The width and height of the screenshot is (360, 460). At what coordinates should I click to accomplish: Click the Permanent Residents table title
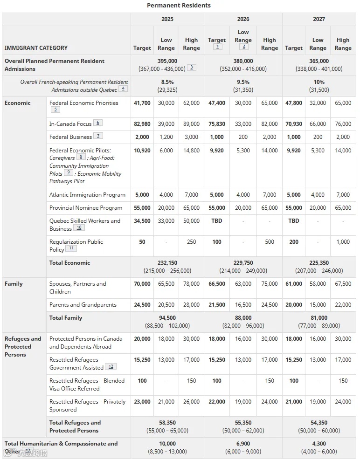click(179, 6)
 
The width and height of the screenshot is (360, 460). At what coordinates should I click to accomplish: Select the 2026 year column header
click(243, 19)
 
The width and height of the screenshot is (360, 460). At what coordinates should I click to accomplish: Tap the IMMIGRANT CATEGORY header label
click(36, 48)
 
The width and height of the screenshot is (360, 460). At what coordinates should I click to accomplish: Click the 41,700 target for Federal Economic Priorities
click(142, 103)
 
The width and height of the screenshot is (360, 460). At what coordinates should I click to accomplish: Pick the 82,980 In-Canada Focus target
click(142, 124)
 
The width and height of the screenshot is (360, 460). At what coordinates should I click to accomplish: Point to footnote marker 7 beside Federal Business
click(98, 136)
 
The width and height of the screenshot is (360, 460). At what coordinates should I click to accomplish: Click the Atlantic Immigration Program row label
click(87, 195)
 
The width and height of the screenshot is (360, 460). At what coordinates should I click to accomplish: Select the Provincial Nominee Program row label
click(86, 208)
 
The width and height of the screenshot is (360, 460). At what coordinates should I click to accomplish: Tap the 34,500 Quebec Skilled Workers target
click(142, 221)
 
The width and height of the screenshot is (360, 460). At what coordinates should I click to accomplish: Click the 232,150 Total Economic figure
click(167, 263)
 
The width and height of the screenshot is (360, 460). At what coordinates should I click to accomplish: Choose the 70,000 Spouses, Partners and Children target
click(142, 284)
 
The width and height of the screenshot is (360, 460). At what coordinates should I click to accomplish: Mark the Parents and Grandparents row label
click(83, 305)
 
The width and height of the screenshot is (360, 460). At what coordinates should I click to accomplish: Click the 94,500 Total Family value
click(167, 318)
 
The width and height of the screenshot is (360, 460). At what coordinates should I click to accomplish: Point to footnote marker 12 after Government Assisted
click(111, 367)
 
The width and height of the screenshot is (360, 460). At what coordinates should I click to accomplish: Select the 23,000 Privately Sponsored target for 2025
click(142, 402)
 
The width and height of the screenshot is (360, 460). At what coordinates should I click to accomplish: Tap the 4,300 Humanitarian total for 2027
click(318, 444)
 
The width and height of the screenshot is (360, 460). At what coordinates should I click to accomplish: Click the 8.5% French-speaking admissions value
click(167, 82)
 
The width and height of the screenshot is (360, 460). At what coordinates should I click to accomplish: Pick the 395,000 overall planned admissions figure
click(167, 61)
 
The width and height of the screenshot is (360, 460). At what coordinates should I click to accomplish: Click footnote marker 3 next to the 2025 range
click(191, 68)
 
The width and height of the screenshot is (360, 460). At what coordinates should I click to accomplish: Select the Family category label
click(14, 284)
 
